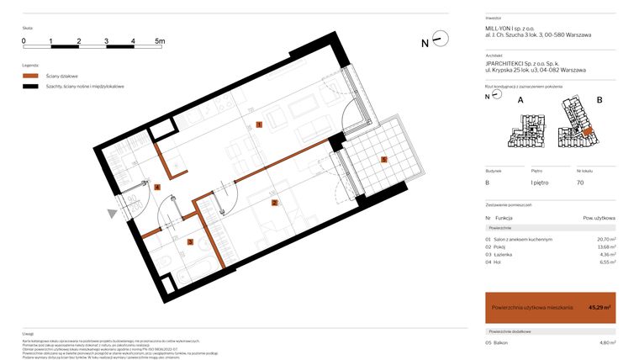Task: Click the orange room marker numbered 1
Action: pos(260,124)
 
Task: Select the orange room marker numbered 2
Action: pos(274,203)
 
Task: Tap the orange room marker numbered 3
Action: pos(190,242)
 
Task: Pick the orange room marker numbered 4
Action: pos(156,187)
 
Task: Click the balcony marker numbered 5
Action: pos(383,159)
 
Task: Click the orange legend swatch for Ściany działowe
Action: pos(30,76)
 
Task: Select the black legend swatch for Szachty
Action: pos(30,87)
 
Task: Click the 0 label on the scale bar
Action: pos(24,40)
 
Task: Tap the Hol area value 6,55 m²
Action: pos(605,262)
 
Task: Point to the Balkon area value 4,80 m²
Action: pos(605,342)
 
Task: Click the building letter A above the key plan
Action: pos(520,100)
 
